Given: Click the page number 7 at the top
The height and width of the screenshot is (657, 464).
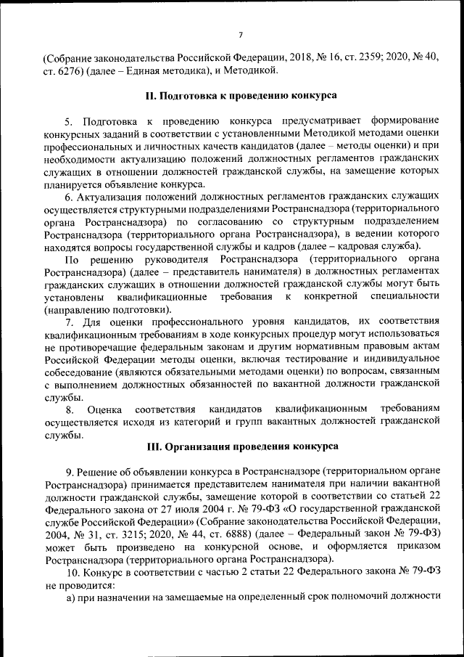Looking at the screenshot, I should (x=239, y=34).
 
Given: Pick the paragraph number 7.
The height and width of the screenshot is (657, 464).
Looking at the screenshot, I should (x=68, y=322).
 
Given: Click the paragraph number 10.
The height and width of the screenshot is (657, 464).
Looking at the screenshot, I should (x=72, y=571).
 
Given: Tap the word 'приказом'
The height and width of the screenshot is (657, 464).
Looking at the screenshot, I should (x=416, y=546).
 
